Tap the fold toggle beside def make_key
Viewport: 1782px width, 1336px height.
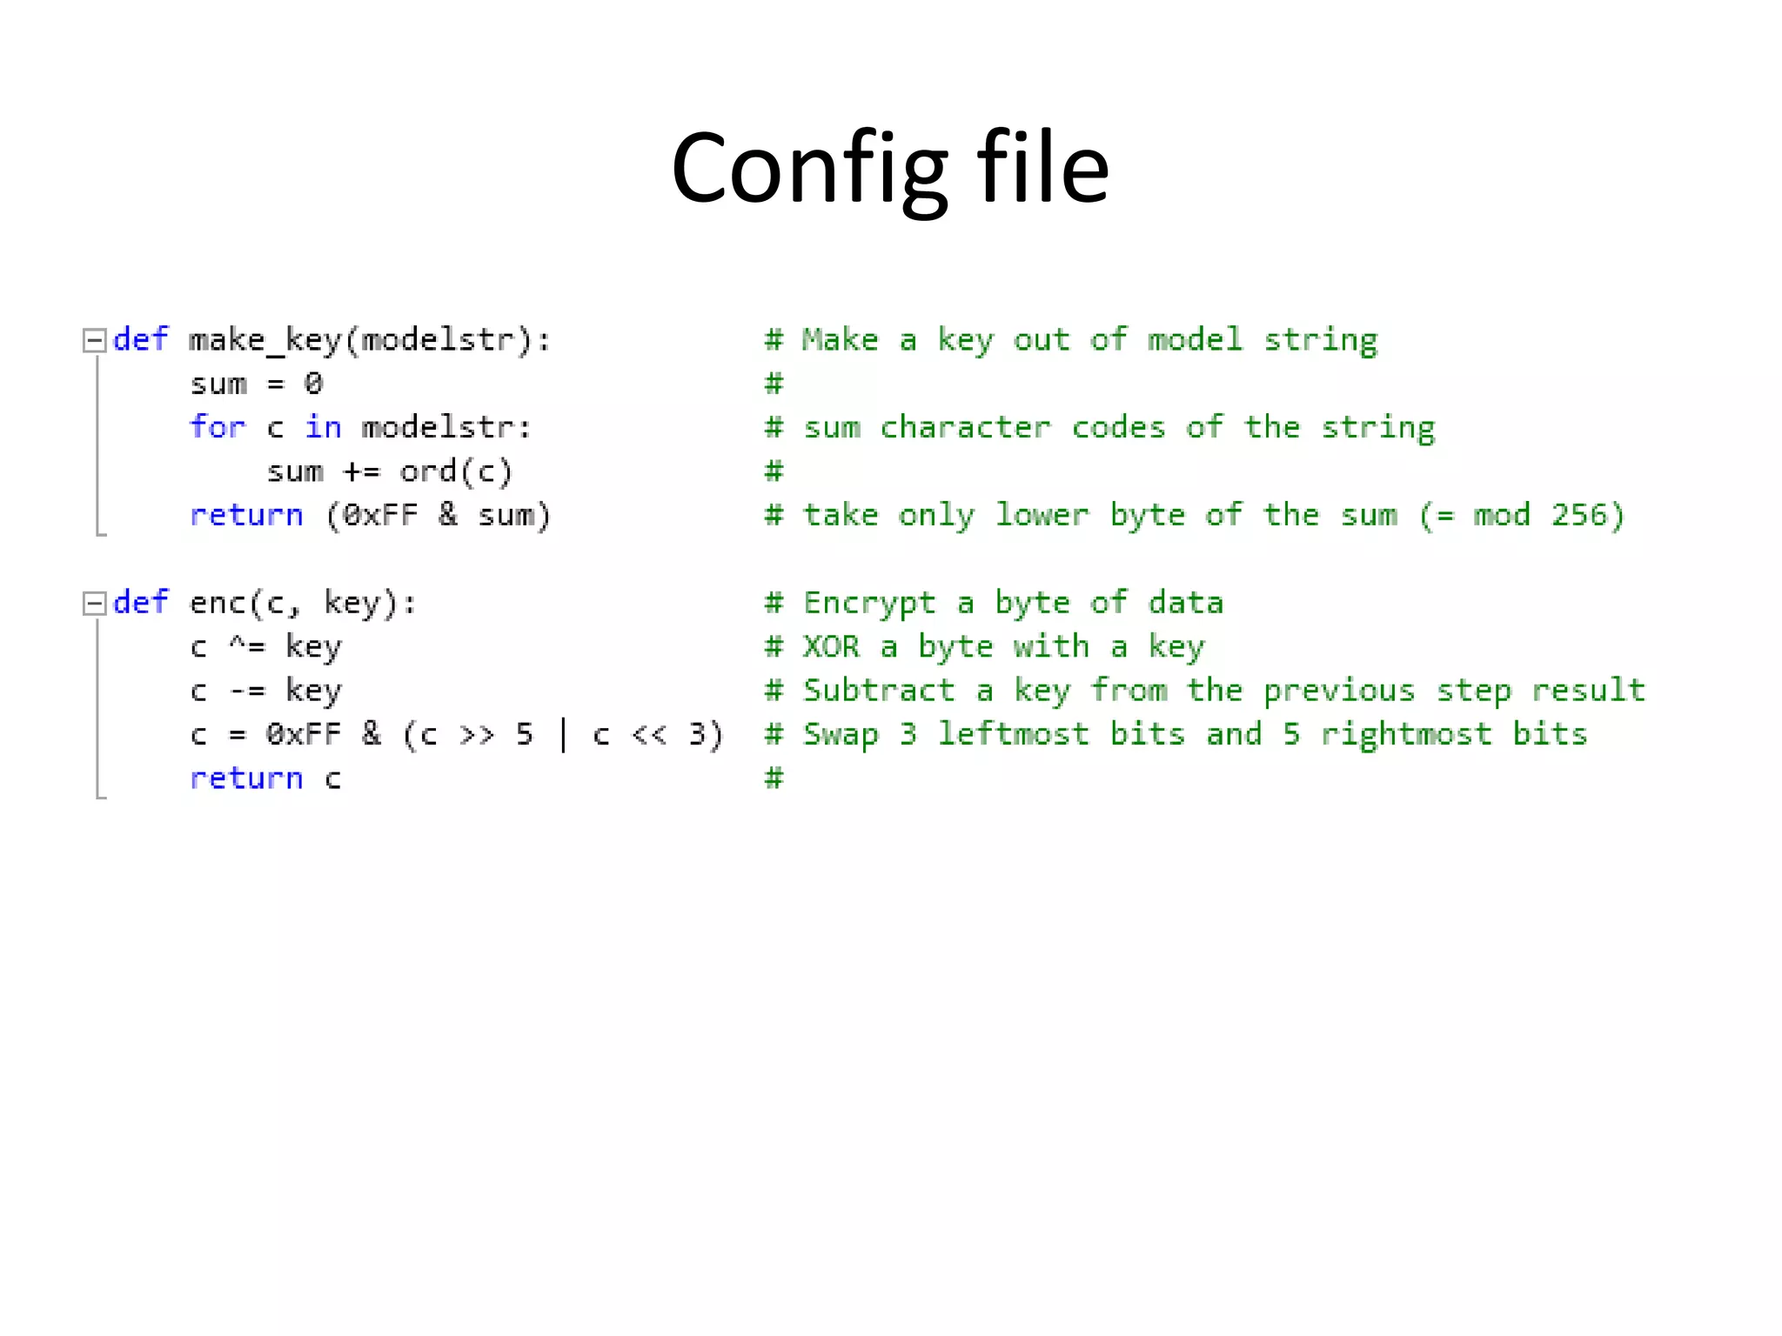click(x=94, y=340)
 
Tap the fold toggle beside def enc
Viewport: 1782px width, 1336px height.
click(x=94, y=603)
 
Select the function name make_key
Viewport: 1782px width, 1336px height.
click(x=265, y=340)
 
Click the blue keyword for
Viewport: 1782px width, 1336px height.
click(x=218, y=427)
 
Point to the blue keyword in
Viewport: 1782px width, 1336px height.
click(x=323, y=427)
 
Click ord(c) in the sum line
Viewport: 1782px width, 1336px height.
click(x=456, y=471)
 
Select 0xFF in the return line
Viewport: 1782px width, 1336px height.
click(x=380, y=515)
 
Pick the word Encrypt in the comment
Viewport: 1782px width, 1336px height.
click(x=868, y=603)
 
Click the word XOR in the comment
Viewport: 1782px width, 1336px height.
click(x=831, y=646)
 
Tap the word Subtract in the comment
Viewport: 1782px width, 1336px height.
click(x=878, y=691)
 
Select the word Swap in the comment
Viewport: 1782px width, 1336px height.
click(x=841, y=734)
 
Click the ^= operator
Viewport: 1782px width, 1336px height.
click(x=246, y=646)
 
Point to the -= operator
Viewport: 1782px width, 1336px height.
click(x=246, y=691)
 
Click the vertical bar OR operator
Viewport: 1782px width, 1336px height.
click(x=563, y=734)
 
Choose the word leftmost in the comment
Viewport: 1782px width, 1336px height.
click(x=1013, y=734)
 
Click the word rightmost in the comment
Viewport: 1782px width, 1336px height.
click(x=1406, y=734)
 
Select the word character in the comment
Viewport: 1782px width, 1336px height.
click(x=965, y=427)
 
